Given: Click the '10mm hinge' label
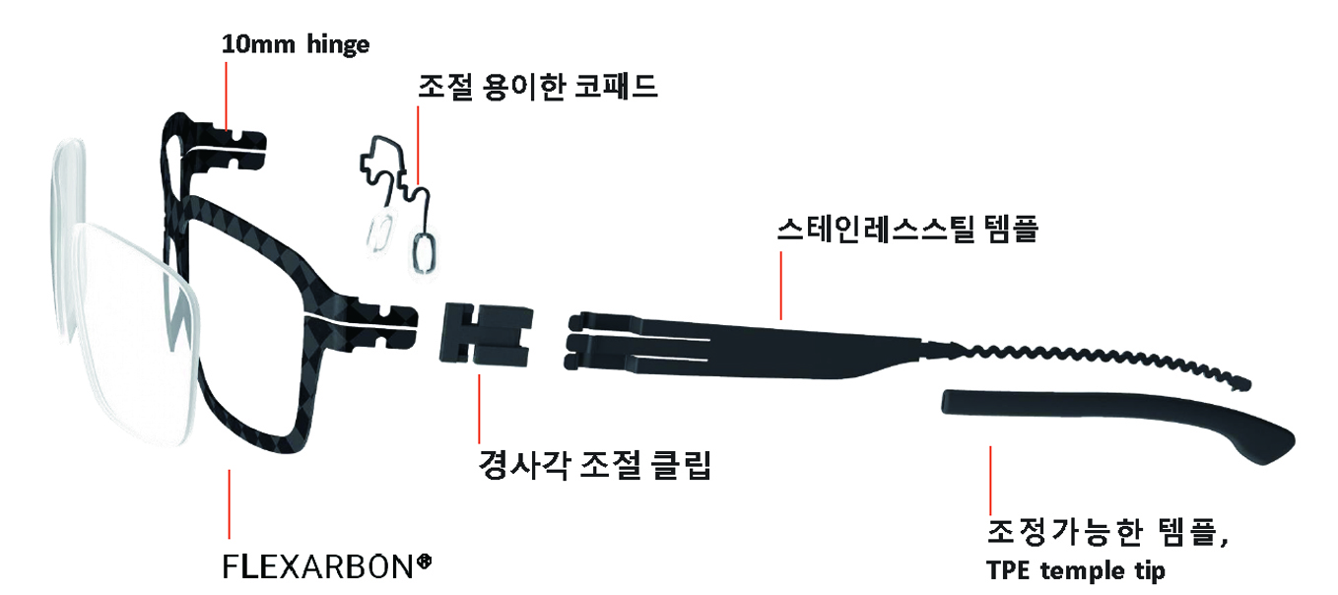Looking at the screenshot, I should [x=295, y=44].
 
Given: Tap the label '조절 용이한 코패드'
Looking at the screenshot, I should [x=537, y=87].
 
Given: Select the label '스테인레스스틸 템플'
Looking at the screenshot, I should [x=907, y=232].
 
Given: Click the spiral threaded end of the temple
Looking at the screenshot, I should [x=1094, y=360].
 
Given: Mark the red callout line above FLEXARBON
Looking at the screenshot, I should [x=230, y=502].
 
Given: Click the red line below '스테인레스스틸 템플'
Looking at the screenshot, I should [x=781, y=286].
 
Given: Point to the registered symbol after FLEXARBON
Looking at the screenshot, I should [x=425, y=562].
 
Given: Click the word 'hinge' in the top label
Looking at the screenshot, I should [x=337, y=44].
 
